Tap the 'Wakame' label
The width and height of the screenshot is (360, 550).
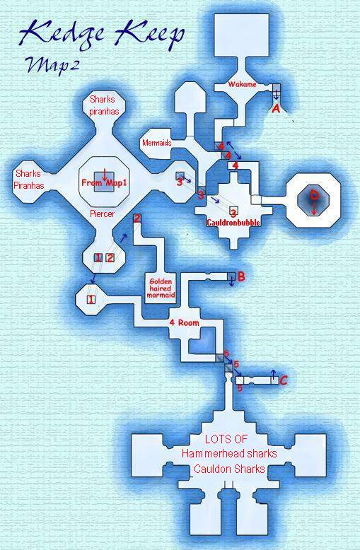point(242,84)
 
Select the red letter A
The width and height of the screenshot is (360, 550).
point(276,109)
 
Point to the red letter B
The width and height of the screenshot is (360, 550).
point(241,276)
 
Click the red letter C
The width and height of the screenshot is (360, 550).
point(284,380)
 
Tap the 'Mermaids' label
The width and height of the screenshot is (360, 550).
point(157,143)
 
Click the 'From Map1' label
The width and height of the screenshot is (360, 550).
point(104,183)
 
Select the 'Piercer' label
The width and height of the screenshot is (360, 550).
point(102,213)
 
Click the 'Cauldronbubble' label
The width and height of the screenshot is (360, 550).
point(233,223)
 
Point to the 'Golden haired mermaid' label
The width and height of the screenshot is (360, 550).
point(161,288)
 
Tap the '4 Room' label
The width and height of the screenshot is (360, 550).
point(184,322)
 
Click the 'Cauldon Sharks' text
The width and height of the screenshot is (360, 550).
point(229,469)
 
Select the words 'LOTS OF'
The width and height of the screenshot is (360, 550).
point(226,439)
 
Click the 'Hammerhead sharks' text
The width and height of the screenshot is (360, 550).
point(229,454)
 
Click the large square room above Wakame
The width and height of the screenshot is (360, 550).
point(242,36)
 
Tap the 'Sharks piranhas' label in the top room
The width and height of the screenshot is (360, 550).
point(104,105)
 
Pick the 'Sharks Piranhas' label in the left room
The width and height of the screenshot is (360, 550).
point(29,180)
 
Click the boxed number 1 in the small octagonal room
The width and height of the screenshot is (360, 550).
point(91,300)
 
